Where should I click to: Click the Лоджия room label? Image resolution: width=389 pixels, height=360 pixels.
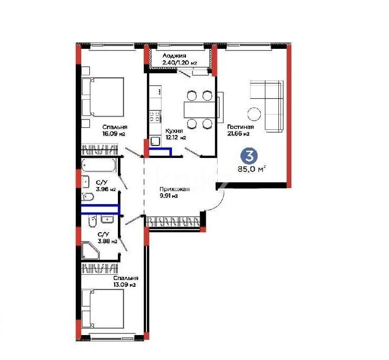click(x=174, y=56)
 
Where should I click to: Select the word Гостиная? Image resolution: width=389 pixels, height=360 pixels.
click(x=240, y=126)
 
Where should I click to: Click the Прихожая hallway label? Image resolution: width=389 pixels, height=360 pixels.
click(x=174, y=189)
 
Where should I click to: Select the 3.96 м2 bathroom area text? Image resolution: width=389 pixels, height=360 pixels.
click(x=105, y=189)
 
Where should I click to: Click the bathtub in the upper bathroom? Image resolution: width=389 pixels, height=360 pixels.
click(x=99, y=166)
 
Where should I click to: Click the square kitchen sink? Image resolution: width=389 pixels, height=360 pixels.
click(x=155, y=141)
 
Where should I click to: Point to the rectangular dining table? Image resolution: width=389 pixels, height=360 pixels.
click(x=200, y=110)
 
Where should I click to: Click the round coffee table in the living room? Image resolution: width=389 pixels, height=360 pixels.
click(x=254, y=113)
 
